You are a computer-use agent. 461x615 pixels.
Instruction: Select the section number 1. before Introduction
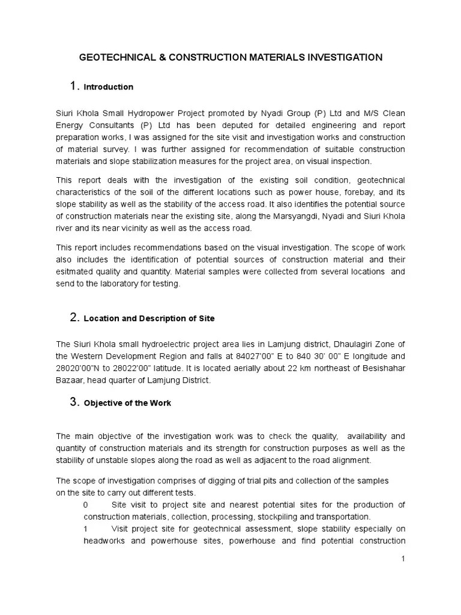pyautogui.click(x=74, y=86)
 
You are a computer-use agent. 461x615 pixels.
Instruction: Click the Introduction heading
pyautogui.click(x=109, y=87)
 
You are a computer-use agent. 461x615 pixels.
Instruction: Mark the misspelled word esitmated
pyautogui.click(x=74, y=271)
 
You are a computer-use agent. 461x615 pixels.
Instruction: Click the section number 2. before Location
pyautogui.click(x=74, y=318)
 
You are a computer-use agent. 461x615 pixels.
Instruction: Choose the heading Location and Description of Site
pyautogui.click(x=149, y=319)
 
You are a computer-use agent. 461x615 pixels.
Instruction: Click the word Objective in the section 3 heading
pyautogui.click(x=103, y=404)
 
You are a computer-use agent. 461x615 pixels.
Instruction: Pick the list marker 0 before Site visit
pyautogui.click(x=86, y=504)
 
